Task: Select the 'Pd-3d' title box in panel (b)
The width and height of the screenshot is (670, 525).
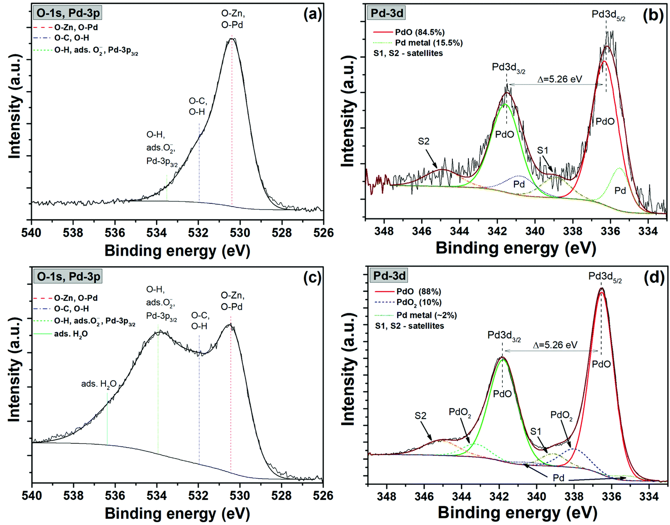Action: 387,13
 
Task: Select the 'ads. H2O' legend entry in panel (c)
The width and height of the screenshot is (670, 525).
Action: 70,334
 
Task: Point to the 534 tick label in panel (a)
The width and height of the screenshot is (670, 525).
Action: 156,233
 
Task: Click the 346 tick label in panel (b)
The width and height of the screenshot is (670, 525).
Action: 422,231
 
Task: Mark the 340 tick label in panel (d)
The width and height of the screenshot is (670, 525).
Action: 537,496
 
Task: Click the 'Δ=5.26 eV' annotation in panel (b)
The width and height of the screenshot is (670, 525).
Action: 560,79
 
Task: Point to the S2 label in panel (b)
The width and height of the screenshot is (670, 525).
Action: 424,141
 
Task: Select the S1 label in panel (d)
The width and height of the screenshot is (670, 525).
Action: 536,431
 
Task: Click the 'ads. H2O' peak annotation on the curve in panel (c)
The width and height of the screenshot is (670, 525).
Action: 98,384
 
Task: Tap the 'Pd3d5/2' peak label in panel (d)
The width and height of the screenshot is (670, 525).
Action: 605,277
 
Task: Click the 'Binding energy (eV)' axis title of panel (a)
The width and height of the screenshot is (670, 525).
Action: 177,250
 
